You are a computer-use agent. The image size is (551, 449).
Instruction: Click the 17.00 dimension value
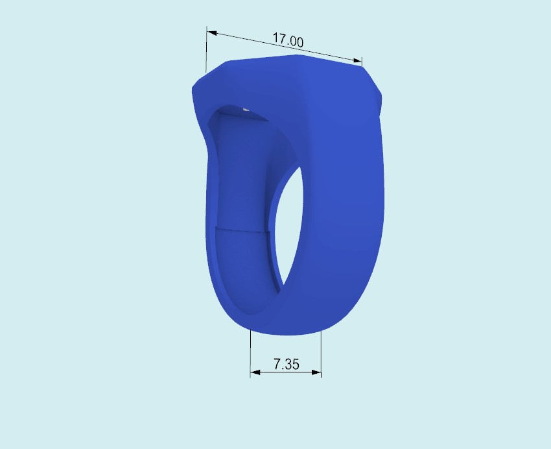(288, 40)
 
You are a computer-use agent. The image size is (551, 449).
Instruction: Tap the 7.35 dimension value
(286, 365)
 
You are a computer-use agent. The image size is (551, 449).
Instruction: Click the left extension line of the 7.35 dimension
(251, 354)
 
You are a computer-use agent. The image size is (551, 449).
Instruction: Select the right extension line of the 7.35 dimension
(321, 354)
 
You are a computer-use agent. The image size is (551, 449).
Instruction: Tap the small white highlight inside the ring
(245, 110)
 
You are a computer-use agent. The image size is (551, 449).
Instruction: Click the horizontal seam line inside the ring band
(241, 229)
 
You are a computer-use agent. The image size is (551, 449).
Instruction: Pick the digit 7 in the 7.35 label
(277, 365)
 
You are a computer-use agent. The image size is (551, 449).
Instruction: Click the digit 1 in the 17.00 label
(275, 38)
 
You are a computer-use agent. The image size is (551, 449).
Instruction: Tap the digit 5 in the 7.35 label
(295, 365)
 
